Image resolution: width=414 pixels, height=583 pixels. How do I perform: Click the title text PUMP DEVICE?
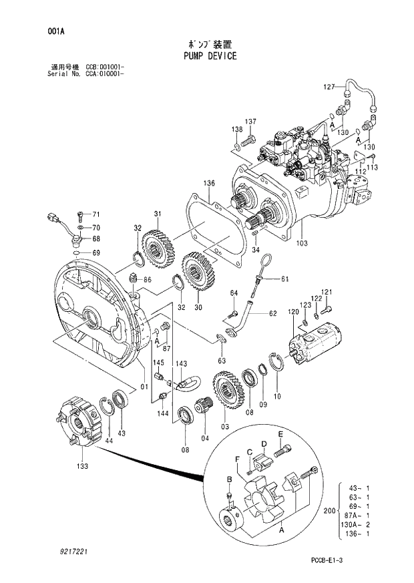(210, 56)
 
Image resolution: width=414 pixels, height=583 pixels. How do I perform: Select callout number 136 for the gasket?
(209, 183)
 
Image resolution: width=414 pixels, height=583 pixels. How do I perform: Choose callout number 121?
(327, 293)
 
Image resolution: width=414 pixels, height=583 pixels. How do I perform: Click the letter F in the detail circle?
(237, 458)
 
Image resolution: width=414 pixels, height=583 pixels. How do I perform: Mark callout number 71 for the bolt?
(95, 214)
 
